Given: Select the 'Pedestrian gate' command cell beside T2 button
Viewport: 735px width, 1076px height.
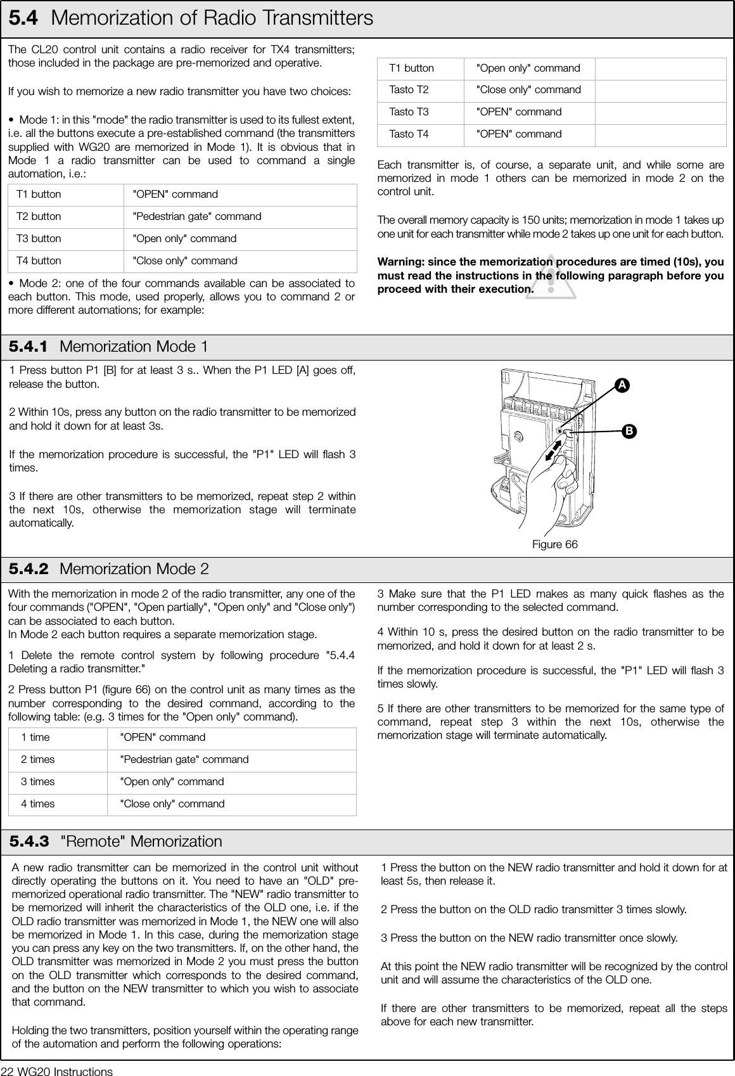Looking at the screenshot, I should (x=196, y=217).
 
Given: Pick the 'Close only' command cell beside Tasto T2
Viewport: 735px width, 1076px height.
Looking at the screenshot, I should (x=528, y=90).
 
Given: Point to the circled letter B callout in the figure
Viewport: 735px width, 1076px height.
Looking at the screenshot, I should (x=628, y=431).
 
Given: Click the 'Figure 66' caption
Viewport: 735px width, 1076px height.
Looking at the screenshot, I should (x=555, y=545).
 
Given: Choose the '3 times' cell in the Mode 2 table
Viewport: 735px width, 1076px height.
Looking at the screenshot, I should (x=38, y=782).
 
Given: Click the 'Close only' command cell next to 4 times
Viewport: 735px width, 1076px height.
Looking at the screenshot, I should (x=172, y=804).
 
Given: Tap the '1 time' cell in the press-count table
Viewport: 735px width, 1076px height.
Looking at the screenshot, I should (x=35, y=738).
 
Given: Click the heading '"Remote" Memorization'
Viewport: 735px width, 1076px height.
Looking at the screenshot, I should (x=141, y=842).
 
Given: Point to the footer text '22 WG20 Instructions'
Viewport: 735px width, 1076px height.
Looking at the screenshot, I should (x=57, y=1070).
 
